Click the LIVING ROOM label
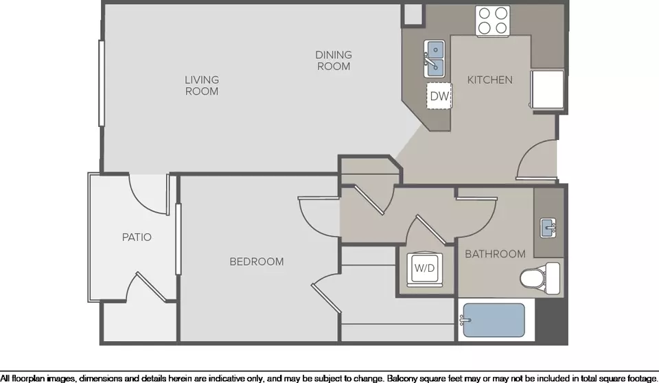coord(202,85)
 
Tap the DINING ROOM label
coord(334,60)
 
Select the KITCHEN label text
coord(489,80)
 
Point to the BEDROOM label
coord(256,262)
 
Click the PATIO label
coord(137,237)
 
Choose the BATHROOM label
coord(495,254)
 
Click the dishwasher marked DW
coord(439,96)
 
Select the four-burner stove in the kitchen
coord(493,21)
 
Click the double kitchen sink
coord(434,59)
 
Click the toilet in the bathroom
coord(540,278)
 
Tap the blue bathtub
coord(494,321)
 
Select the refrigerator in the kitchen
coord(547,90)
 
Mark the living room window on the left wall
coord(102,83)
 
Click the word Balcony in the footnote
coord(403,378)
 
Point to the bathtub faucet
coord(465,321)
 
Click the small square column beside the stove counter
coord(413,15)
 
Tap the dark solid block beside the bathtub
coord(551,321)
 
